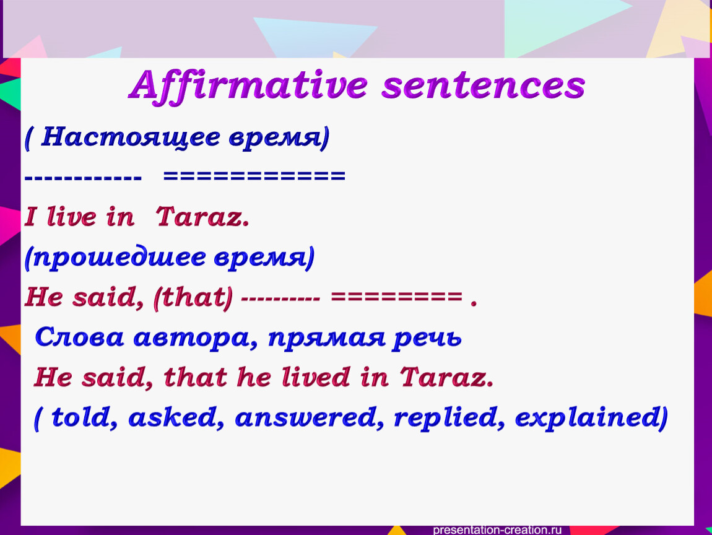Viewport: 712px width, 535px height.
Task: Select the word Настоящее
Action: [130, 137]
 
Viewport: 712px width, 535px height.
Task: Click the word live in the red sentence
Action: [71, 216]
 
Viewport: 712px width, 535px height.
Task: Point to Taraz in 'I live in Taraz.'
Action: [202, 216]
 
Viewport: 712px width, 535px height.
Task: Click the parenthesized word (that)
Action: [193, 297]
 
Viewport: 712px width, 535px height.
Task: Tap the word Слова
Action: [79, 337]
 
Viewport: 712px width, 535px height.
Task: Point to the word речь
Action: [427, 338]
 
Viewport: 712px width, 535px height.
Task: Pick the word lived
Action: [316, 377]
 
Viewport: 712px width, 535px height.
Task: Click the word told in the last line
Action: [81, 417]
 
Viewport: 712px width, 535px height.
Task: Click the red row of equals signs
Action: [396, 298]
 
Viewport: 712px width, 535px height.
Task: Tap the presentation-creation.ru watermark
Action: [497, 529]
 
